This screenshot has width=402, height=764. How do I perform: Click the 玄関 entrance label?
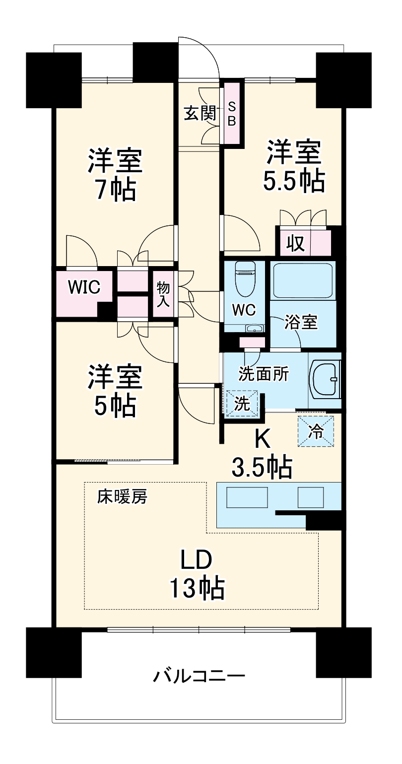[200, 114]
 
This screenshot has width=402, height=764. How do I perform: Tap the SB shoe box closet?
[232, 114]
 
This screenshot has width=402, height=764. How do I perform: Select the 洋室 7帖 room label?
[115, 174]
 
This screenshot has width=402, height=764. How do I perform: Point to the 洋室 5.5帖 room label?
[294, 167]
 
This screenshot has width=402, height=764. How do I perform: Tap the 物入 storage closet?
[162, 294]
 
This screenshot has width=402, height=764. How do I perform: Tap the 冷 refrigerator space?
[316, 431]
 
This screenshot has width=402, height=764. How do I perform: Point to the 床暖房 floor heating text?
[122, 497]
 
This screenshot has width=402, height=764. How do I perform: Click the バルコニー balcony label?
[199, 676]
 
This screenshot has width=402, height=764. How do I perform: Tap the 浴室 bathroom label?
[301, 323]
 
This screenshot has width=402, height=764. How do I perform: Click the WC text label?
[244, 310]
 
